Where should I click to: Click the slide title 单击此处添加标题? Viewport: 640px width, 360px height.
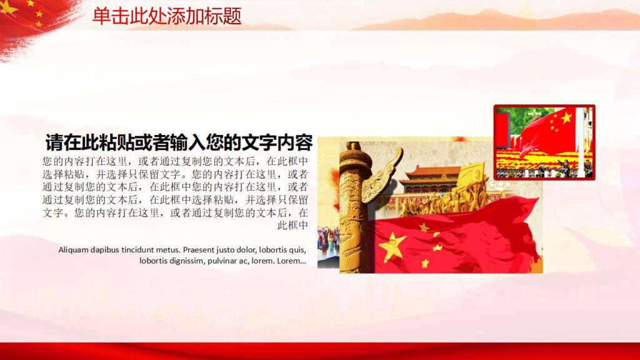(x=167, y=16)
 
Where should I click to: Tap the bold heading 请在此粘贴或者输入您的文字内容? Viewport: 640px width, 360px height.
(x=179, y=142)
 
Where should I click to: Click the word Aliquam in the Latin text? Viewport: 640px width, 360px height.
(x=74, y=249)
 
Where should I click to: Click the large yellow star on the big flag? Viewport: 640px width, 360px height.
(x=392, y=246)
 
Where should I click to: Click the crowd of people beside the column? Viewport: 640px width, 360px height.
(x=328, y=244)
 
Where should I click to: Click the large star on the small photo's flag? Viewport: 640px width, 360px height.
(x=566, y=117)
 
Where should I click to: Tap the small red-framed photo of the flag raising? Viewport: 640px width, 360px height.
(x=544, y=142)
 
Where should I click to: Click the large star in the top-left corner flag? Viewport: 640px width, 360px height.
(x=9, y=7)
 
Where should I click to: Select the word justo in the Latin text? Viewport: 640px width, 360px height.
(x=232, y=249)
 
